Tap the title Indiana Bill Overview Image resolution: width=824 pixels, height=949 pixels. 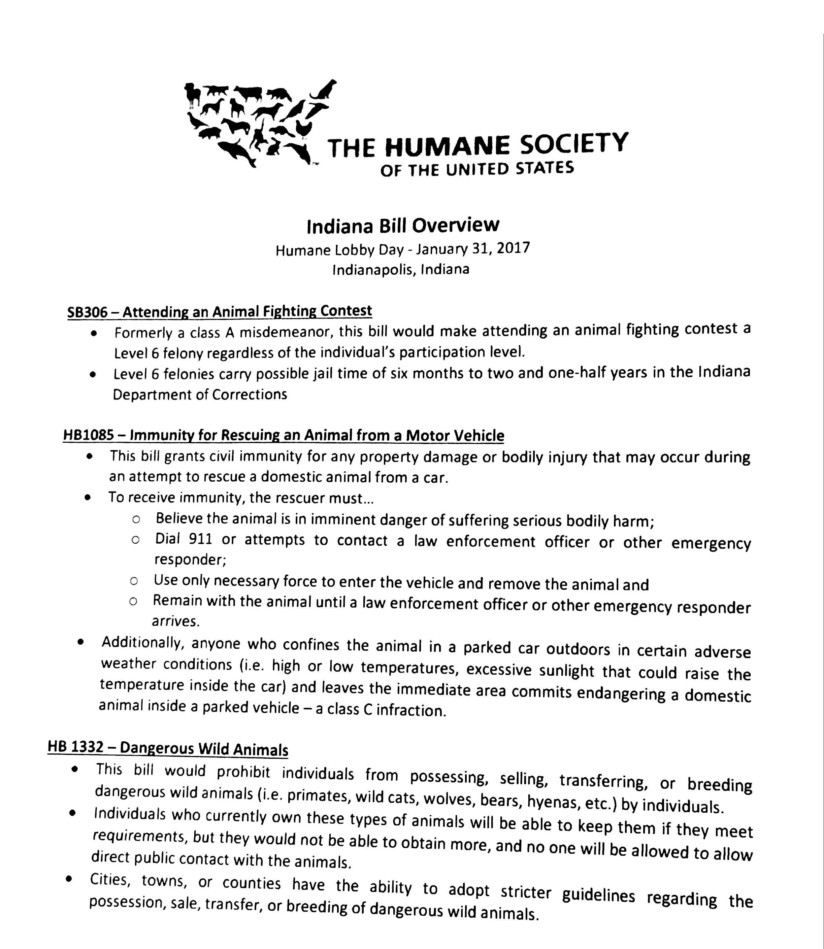(402, 226)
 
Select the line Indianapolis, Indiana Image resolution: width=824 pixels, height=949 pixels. (400, 269)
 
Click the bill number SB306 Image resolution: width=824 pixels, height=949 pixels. (87, 312)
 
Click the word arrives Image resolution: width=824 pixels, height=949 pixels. (176, 621)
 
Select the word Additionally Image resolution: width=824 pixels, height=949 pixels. (142, 642)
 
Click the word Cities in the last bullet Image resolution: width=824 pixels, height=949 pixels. (109, 879)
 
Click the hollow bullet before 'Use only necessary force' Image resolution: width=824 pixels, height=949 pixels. (134, 581)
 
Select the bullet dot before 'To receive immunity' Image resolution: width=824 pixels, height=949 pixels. (88, 497)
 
